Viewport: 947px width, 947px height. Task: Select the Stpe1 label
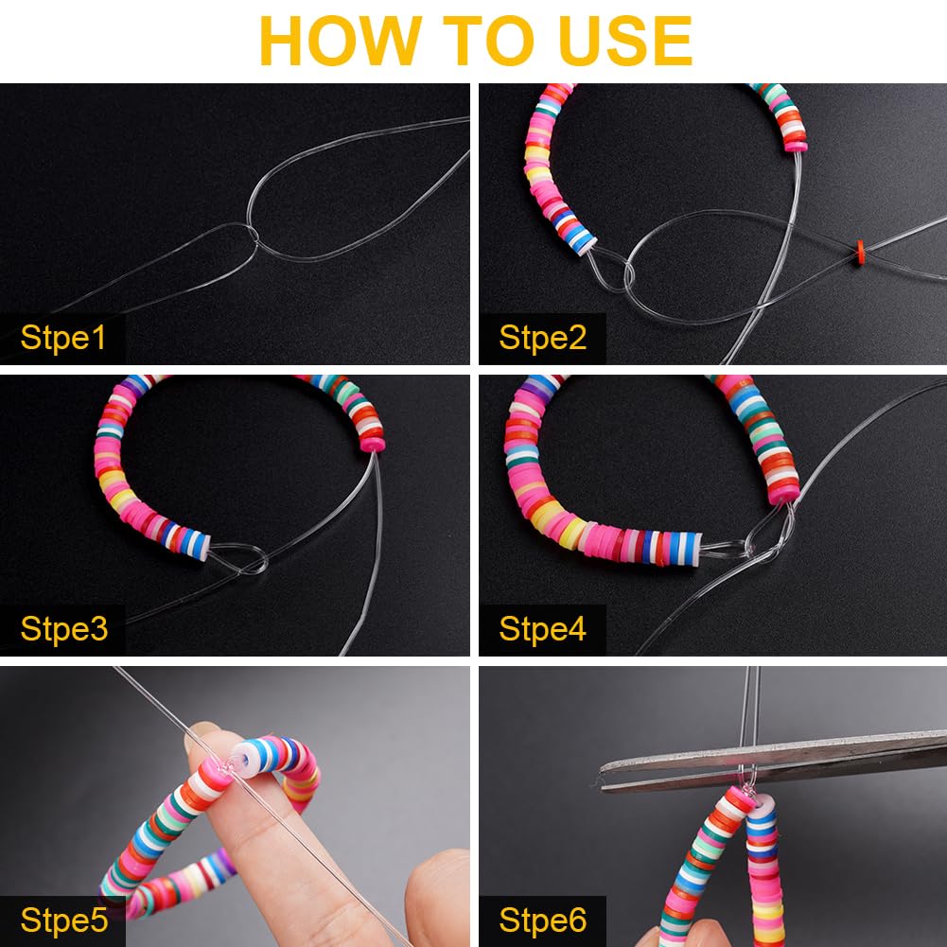pyautogui.click(x=63, y=338)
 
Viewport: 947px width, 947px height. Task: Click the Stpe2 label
pyautogui.click(x=542, y=338)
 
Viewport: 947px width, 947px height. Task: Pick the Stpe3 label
pyautogui.click(x=63, y=629)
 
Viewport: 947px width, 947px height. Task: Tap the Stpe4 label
pyautogui.click(x=542, y=629)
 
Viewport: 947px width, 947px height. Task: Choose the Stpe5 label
pyautogui.click(x=63, y=920)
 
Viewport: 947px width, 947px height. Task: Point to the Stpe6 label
pyautogui.click(x=542, y=920)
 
